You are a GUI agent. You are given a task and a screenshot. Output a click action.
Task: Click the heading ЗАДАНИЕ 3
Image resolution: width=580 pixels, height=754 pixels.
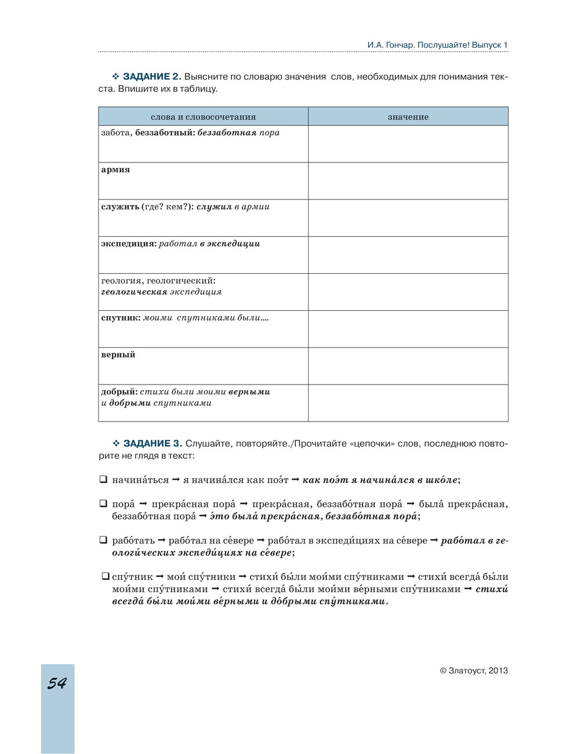(153, 444)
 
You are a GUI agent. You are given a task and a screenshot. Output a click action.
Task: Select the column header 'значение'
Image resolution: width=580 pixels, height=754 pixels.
(408, 117)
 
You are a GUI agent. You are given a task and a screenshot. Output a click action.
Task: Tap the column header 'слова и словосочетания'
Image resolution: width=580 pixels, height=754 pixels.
(203, 117)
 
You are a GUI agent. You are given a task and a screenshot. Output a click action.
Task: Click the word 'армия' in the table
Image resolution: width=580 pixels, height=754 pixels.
(115, 170)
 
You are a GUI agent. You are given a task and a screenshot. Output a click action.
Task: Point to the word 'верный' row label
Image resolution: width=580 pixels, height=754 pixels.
(118, 355)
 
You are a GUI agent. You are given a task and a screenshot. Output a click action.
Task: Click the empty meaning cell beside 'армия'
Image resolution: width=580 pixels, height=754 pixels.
(408, 181)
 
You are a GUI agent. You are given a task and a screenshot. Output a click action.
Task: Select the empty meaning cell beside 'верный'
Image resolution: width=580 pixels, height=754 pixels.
(408, 366)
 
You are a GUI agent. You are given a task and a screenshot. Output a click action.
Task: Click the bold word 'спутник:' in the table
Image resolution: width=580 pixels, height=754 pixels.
(121, 318)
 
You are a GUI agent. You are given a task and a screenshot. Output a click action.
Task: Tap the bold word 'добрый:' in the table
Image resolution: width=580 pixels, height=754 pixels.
(119, 392)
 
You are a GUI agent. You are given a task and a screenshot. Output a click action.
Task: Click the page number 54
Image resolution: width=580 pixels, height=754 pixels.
(57, 684)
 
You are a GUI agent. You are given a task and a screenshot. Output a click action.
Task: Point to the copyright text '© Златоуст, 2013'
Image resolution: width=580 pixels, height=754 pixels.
(474, 670)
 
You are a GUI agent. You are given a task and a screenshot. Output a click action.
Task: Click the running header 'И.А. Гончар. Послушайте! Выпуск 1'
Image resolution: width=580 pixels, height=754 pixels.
(437, 45)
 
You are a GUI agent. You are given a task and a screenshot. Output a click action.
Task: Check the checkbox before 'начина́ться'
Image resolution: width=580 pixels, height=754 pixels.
(103, 480)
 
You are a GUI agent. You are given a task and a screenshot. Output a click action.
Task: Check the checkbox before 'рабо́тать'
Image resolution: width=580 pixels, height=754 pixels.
(103, 540)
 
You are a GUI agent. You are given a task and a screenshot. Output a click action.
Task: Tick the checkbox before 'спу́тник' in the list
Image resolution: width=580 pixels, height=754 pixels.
(106, 577)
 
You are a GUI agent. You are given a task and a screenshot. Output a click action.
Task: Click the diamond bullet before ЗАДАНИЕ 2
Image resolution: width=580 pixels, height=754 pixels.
(115, 77)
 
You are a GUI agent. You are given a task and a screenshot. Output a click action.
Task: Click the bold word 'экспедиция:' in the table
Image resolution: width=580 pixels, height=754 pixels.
(129, 244)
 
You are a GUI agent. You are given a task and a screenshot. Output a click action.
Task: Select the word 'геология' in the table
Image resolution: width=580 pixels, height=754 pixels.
(121, 281)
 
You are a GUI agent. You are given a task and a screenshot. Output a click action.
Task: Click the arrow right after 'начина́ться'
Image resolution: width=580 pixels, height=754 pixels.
(176, 480)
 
